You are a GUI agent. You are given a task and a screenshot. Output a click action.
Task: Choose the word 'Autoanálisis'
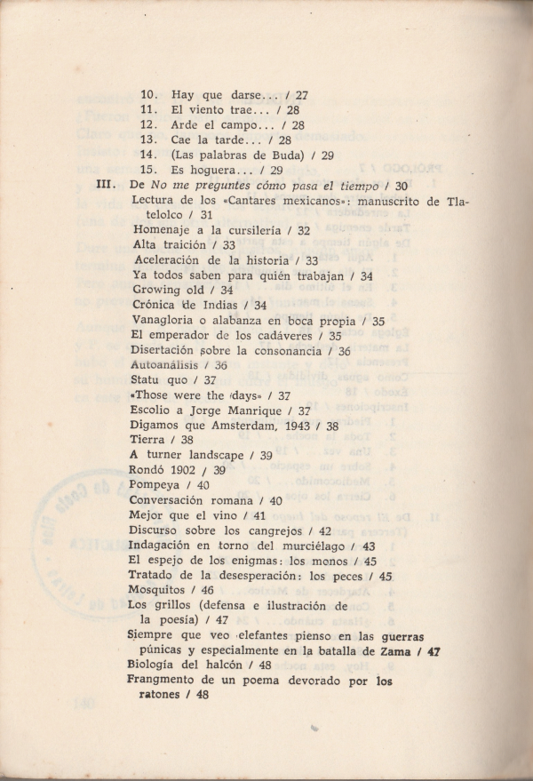click(167, 364)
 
